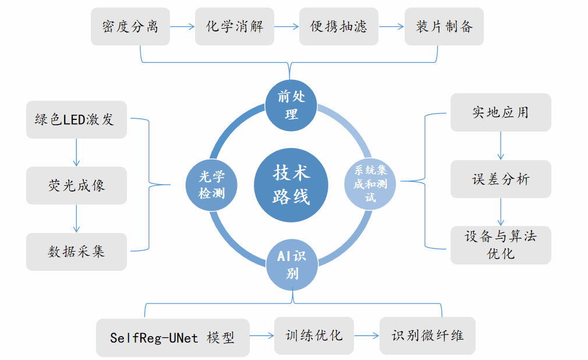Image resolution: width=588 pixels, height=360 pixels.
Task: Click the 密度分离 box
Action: tap(130, 26)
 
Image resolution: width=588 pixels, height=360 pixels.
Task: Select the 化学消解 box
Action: tap(234, 26)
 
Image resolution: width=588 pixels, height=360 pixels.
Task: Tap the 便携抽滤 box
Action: tap(339, 26)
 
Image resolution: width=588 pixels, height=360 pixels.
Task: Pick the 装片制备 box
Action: tap(444, 26)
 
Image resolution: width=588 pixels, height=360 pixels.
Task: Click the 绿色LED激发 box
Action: tap(76, 119)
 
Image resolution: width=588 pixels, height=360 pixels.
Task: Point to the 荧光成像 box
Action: tap(76, 185)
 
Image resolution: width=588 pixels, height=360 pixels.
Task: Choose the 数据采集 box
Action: tap(76, 252)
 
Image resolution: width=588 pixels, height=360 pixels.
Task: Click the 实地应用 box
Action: tap(501, 112)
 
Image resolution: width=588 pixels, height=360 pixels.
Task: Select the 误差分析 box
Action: tap(501, 178)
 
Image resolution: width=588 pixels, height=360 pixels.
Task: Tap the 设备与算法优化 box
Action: tap(501, 245)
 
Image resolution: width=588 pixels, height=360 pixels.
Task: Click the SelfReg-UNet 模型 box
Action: tap(173, 337)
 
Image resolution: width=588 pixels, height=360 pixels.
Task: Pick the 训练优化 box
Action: tap(314, 336)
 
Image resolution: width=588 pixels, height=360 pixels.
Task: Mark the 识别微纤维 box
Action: tap(427, 336)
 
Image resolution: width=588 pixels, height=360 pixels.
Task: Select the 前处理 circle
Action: tap(291, 105)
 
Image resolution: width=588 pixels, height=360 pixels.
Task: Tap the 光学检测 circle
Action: tap(211, 185)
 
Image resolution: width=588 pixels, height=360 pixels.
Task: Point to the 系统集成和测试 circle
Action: tap(371, 185)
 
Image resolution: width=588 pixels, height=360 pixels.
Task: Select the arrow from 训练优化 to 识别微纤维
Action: tap(367, 336)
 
